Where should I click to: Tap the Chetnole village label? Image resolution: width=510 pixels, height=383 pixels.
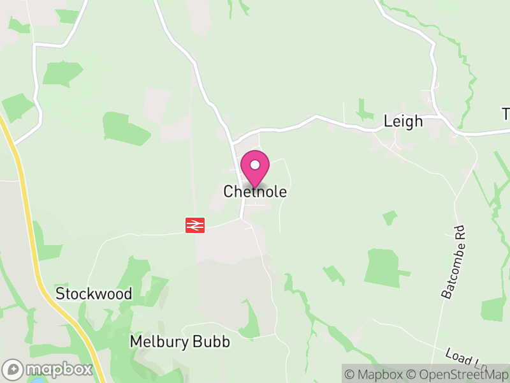(x=255, y=191)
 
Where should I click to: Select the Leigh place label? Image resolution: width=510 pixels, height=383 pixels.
(x=403, y=121)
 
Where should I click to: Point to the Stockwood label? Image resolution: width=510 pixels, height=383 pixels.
(x=94, y=294)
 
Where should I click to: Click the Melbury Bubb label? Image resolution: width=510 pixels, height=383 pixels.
(x=179, y=342)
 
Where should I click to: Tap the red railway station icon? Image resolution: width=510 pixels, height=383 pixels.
(x=195, y=225)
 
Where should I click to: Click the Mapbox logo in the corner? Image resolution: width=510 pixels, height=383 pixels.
(x=48, y=369)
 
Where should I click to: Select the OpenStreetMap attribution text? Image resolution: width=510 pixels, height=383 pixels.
(x=459, y=375)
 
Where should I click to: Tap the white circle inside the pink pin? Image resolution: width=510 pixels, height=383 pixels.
(x=255, y=165)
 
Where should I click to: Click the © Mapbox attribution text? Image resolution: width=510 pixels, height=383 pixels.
(x=375, y=375)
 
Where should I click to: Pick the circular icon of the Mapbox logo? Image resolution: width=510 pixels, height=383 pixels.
(x=13, y=369)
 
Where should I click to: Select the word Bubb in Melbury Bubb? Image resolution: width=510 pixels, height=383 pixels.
(x=214, y=342)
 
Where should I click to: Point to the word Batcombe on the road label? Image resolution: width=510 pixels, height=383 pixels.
(x=450, y=271)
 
